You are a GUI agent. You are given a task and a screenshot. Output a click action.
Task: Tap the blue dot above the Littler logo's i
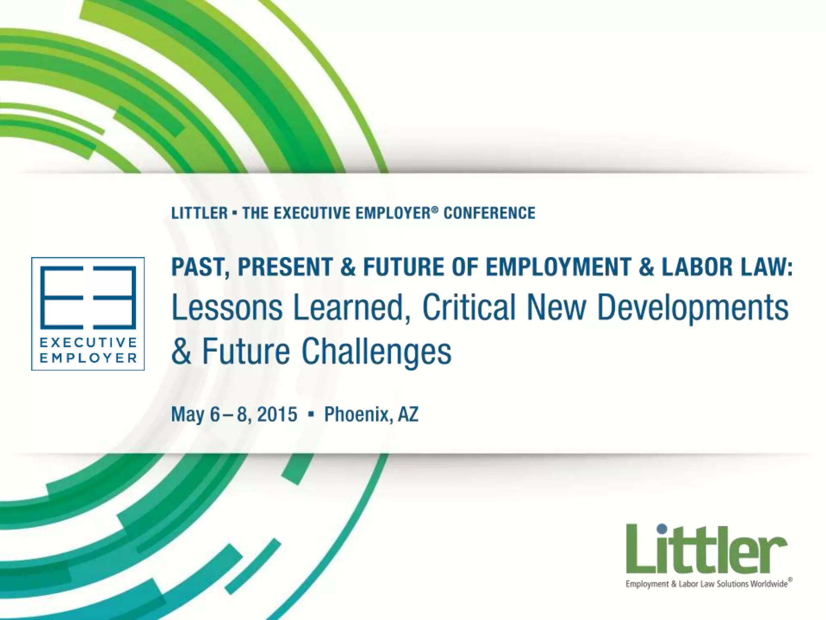pyautogui.click(x=662, y=529)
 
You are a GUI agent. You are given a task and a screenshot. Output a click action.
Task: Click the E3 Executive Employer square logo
pyautogui.click(x=88, y=314)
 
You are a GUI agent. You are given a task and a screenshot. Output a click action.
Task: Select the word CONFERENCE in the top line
pyautogui.click(x=489, y=213)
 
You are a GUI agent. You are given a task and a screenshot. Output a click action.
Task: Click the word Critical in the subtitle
pyautogui.click(x=469, y=308)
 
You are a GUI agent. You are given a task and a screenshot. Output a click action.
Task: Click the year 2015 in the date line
pyautogui.click(x=277, y=415)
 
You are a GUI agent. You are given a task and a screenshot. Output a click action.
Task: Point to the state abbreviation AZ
pyautogui.click(x=408, y=415)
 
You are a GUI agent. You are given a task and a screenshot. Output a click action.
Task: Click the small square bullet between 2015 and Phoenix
pyautogui.click(x=311, y=415)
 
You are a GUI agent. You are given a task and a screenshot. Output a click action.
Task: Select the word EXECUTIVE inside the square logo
pyautogui.click(x=88, y=343)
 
